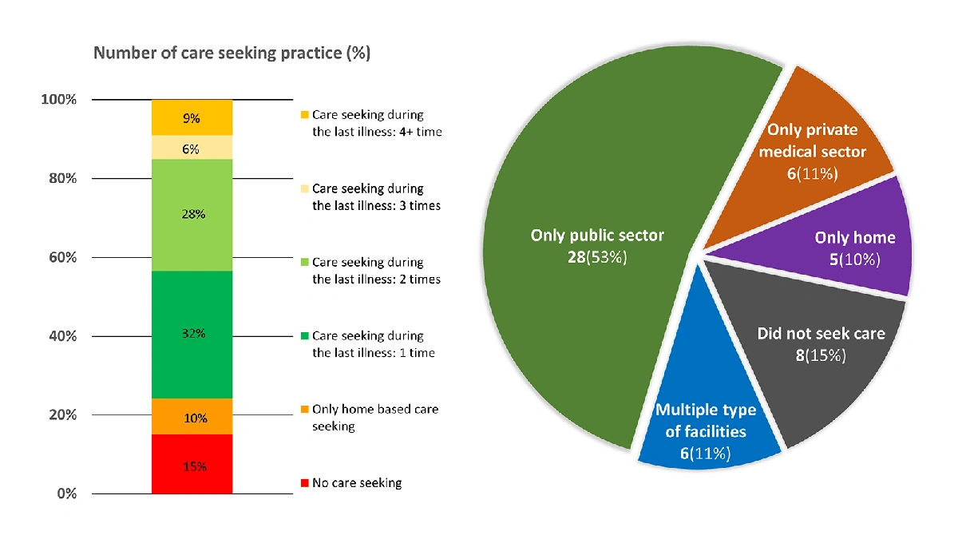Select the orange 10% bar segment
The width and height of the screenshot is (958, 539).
(x=192, y=416)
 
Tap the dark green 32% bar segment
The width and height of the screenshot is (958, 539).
(x=192, y=334)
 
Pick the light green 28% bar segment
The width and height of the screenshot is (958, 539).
(x=192, y=215)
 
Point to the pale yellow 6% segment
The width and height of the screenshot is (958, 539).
(x=192, y=148)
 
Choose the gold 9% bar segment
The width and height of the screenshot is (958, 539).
(x=192, y=117)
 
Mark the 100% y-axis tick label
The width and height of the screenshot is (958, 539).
(x=59, y=100)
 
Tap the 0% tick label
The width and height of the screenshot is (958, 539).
(x=66, y=493)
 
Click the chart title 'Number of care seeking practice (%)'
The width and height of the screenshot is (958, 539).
(x=232, y=54)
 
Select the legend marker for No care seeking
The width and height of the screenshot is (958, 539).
(x=303, y=483)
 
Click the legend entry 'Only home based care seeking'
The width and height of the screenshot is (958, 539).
(x=374, y=418)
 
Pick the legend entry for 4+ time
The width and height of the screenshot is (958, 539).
(x=376, y=123)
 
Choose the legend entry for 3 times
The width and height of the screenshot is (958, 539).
(x=375, y=197)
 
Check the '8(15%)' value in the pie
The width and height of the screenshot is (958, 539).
(x=821, y=355)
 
